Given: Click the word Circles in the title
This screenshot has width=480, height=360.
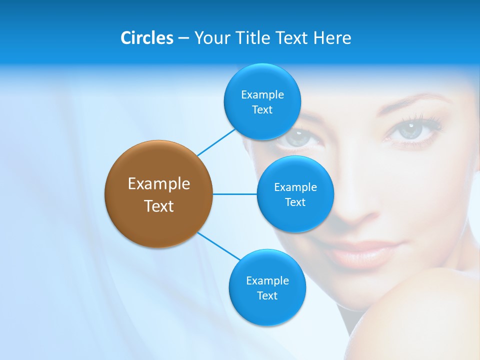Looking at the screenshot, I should pos(146,38).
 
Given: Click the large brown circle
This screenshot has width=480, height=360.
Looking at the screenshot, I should pos(158,194).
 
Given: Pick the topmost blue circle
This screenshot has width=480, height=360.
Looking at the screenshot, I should pos(262,101).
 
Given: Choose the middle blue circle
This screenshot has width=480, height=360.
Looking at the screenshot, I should pos(295,194).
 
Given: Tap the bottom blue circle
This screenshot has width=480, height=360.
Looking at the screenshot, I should pos(267,287).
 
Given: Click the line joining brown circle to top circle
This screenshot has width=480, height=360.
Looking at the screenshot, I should pos(216,142).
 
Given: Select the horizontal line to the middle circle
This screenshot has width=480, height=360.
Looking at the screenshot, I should pos(234,194).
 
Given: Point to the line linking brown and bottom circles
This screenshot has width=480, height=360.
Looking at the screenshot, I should pos(218,246).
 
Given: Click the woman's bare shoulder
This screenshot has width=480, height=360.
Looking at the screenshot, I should pos(425,315).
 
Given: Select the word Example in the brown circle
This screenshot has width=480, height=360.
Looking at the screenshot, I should pos(158,184).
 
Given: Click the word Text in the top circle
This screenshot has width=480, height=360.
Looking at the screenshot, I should pos(262,110).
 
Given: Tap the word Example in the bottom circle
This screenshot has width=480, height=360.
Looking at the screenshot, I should pos(267,280).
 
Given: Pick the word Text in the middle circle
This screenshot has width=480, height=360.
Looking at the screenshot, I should pos(295,202).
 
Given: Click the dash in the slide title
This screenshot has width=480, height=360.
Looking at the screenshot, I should pos(183,38).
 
